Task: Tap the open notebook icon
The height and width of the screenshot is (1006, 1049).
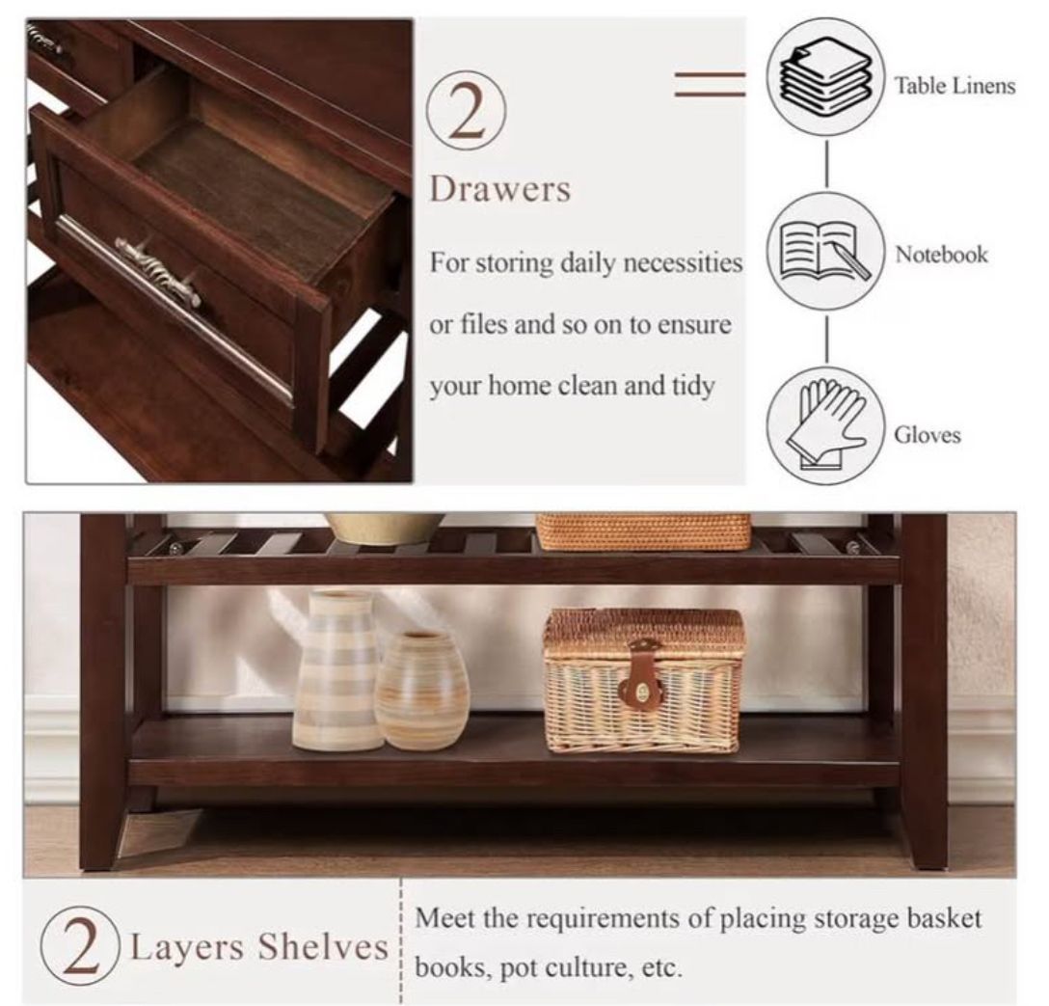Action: coord(825,251)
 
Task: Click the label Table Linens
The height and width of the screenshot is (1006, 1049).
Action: coord(955,86)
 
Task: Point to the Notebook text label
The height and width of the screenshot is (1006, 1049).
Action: coord(941,255)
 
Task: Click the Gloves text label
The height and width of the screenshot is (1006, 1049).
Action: coord(928,435)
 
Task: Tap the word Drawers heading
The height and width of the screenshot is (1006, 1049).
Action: coord(499,189)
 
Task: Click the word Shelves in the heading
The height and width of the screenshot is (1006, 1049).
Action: coord(322,946)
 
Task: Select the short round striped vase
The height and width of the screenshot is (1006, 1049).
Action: coord(421,691)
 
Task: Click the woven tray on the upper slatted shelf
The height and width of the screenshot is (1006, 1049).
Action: coord(644,531)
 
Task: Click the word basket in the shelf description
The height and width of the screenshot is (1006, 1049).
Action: coord(943,918)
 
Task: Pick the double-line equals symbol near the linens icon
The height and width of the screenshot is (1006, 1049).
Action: coord(710,84)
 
